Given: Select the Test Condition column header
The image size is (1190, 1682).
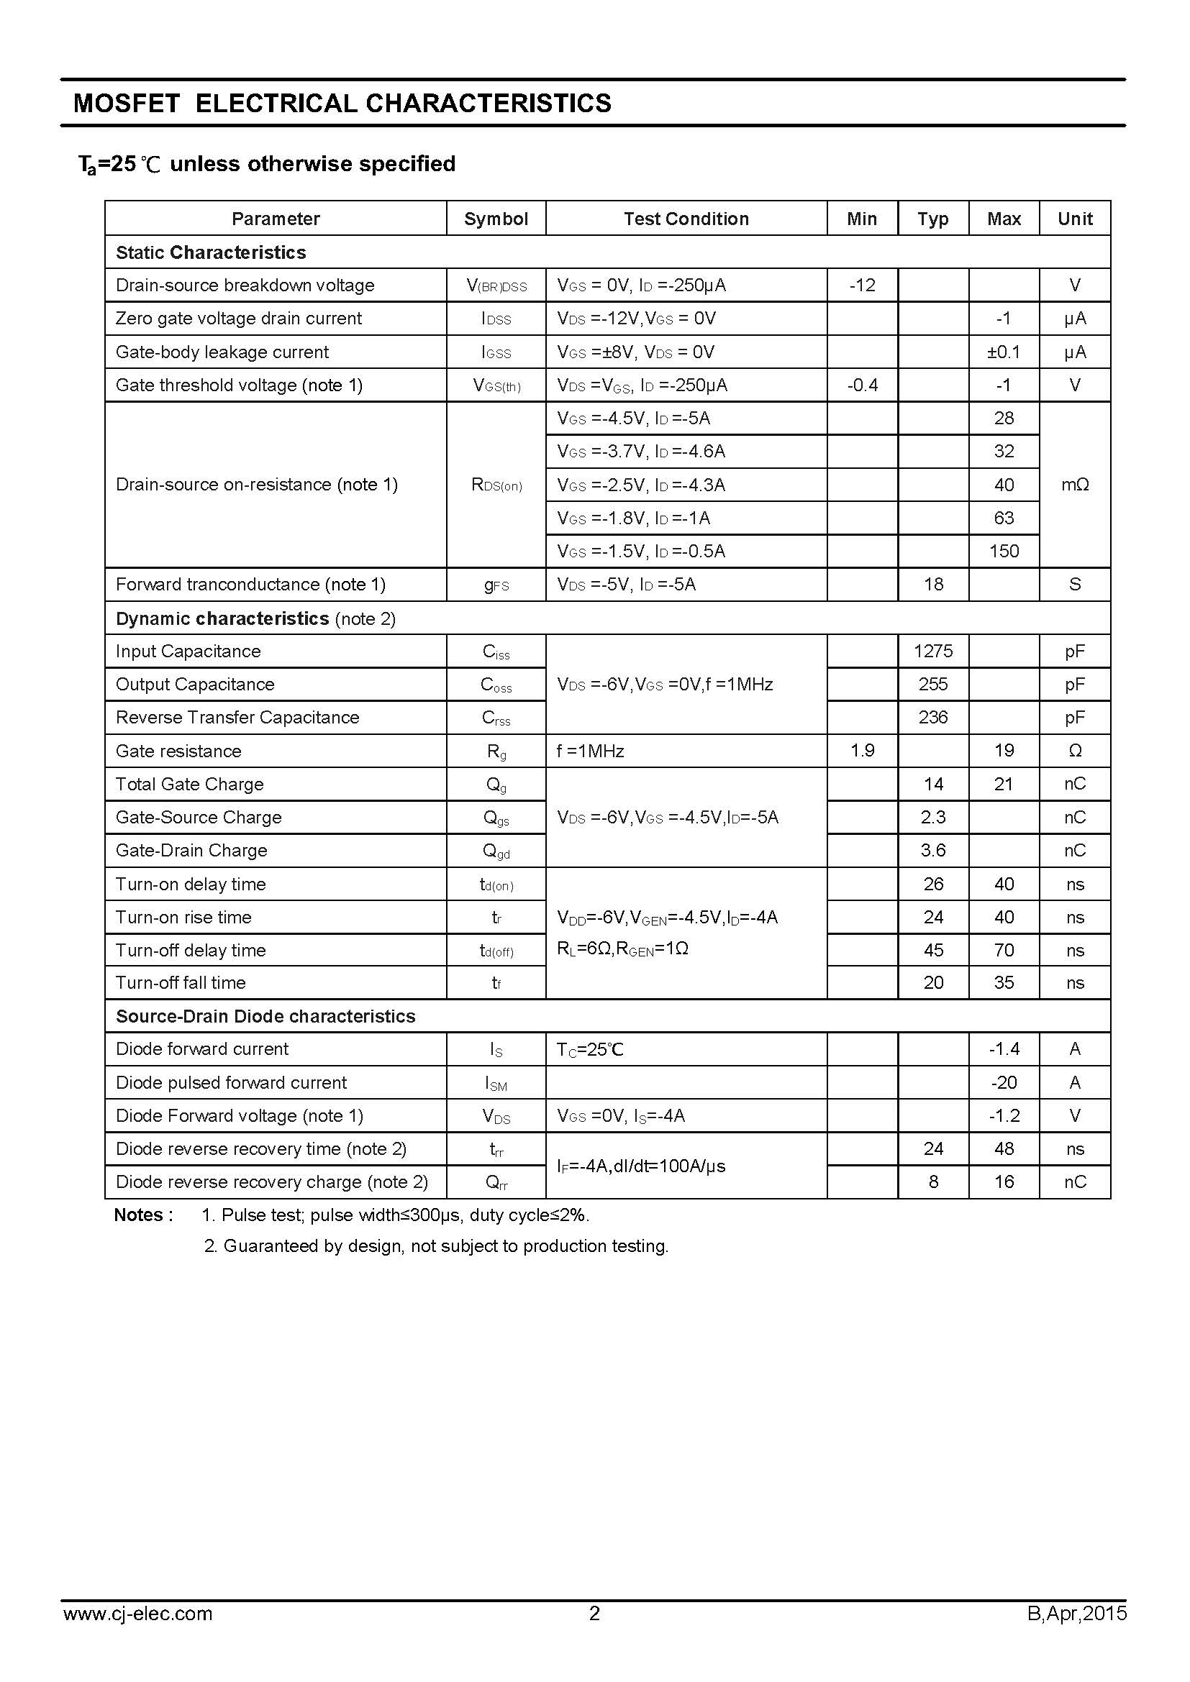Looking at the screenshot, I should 686,219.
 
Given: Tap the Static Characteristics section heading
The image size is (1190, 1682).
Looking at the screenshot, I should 211,252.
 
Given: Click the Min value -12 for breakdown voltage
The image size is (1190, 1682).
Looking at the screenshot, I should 862,285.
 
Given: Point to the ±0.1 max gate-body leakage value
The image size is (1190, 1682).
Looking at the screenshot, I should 1003,352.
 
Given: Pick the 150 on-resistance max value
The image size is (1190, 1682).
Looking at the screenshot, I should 1003,551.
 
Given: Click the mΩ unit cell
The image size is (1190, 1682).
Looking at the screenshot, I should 1074,484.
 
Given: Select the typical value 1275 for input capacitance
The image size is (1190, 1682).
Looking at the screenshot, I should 933,651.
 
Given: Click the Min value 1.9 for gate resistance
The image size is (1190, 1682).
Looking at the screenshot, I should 862,750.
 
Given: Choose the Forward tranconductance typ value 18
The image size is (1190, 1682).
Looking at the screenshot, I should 933,584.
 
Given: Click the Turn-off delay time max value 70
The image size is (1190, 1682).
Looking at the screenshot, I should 1003,950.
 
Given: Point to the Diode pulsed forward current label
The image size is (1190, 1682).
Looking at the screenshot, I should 231,1082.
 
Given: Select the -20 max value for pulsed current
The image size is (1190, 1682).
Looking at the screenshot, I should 1003,1082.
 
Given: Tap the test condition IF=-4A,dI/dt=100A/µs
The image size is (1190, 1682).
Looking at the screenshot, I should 641,1166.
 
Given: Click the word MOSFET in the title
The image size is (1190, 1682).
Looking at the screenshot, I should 127,104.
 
